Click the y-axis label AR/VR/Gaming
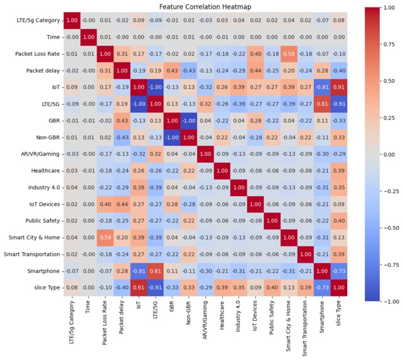pyautogui.click(x=37, y=153)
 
